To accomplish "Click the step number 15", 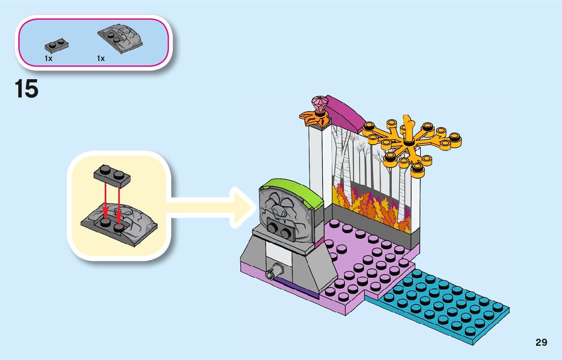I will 26,90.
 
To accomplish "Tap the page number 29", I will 541,343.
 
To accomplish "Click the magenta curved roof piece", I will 346,111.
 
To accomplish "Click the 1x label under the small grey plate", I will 49,58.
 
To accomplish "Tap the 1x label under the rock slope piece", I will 101,58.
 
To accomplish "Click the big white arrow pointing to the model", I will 213,206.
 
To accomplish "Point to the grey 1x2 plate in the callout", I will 112,175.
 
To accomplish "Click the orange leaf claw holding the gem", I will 311,118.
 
